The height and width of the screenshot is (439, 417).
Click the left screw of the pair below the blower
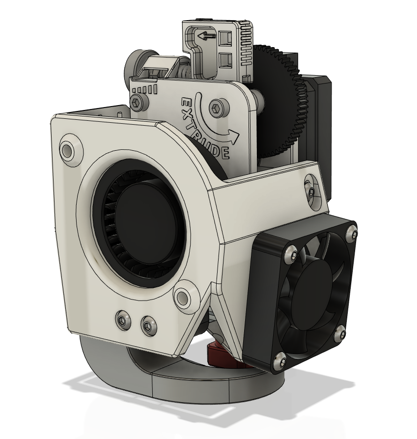click(x=123, y=320)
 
